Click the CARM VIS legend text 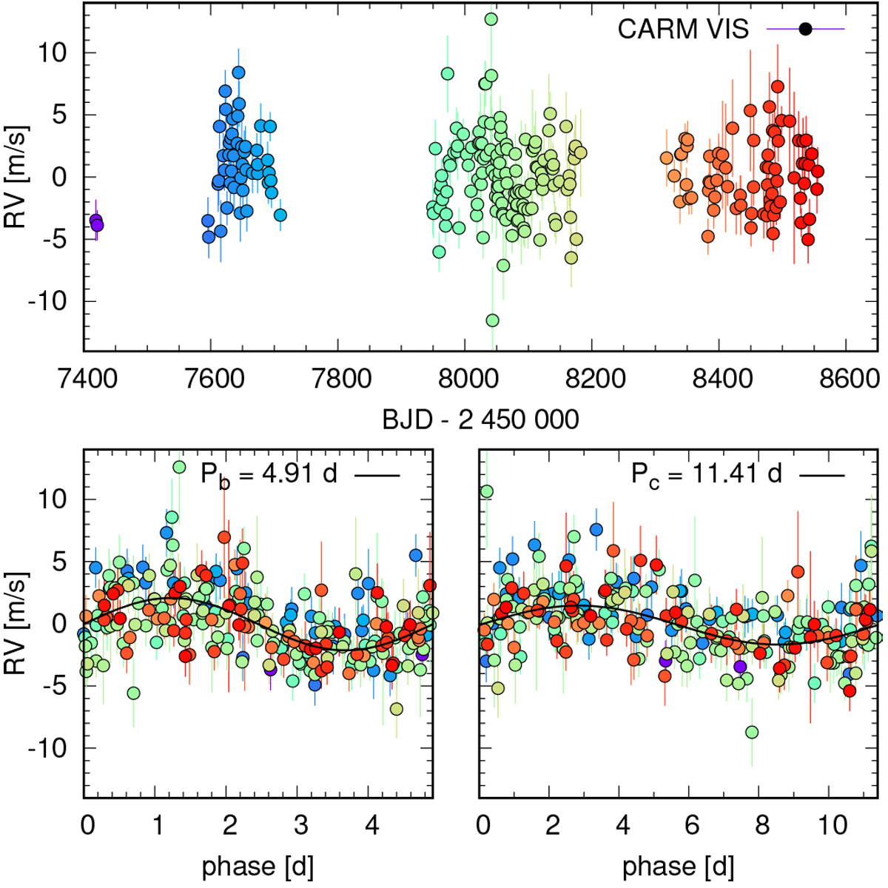pos(683,29)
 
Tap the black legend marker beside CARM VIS pos(806,29)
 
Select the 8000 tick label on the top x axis pos(465,378)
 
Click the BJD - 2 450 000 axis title pos(480,420)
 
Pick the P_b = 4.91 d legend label pos(269,473)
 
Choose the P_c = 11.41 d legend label pos(706,473)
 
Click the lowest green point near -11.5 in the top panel pos(492,320)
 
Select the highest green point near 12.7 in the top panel pos(491,19)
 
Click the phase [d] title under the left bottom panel pos(258,867)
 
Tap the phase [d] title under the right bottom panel pos(679,867)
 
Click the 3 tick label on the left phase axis pos(300,824)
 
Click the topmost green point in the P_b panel pos(179,467)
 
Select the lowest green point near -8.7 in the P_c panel pos(752,732)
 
